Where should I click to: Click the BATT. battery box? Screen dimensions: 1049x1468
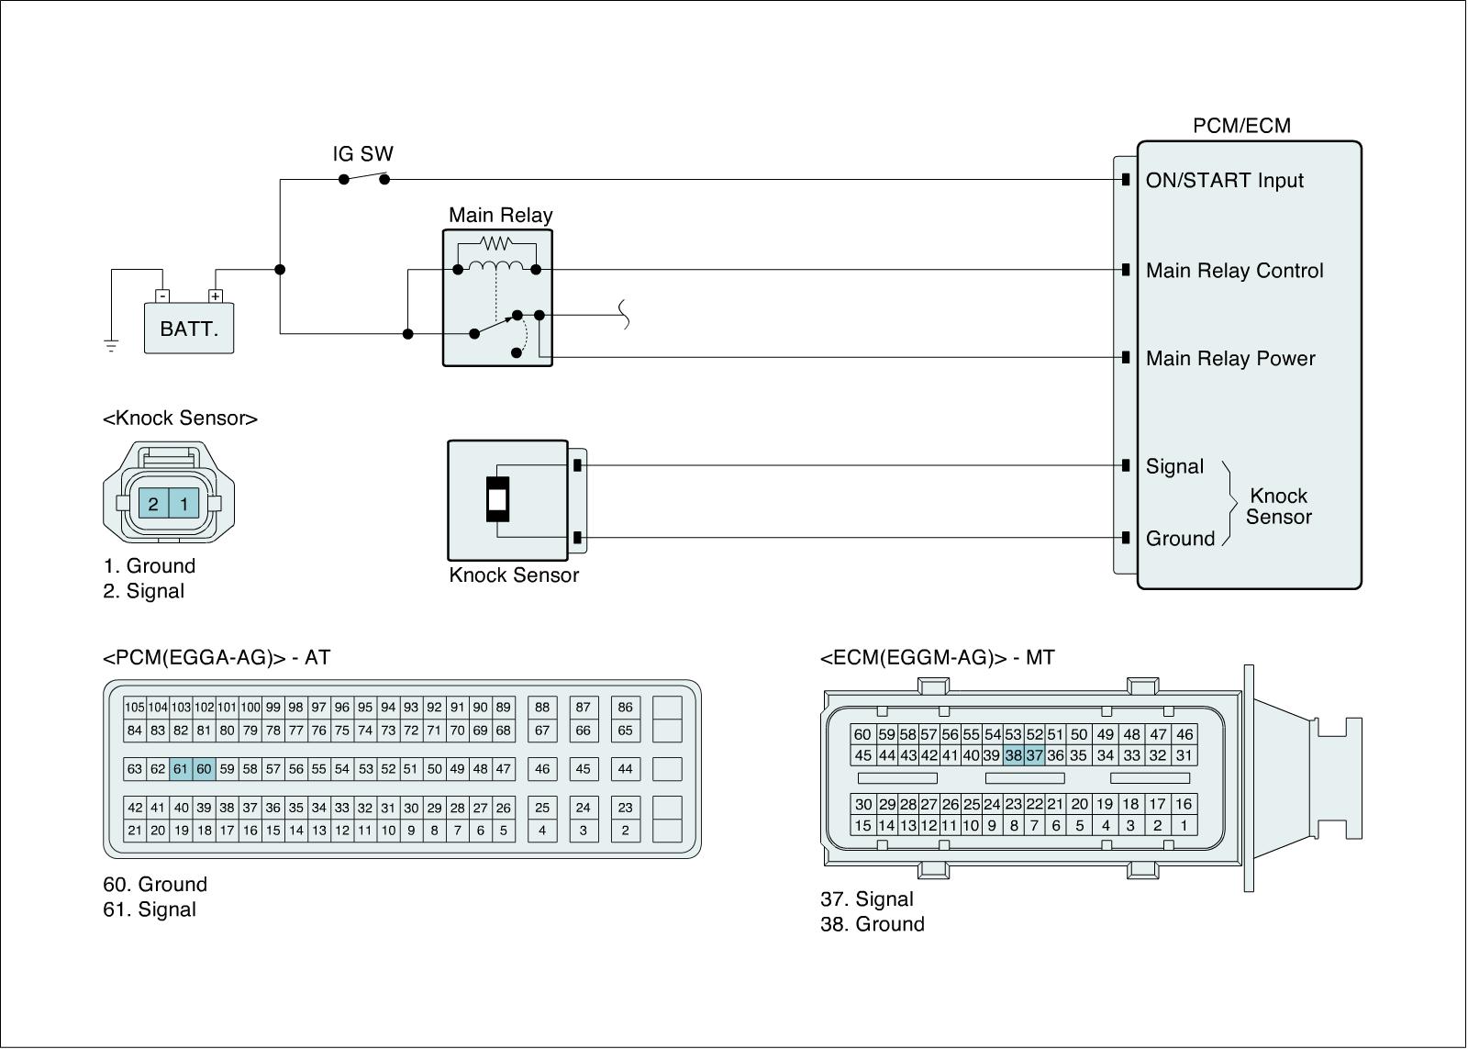[x=189, y=329]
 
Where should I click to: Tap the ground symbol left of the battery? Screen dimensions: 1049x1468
[x=111, y=346]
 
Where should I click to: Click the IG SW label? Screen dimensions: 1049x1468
[x=362, y=154]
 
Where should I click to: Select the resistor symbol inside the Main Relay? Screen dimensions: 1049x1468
[x=496, y=243]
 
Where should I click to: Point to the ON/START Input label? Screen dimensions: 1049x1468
[x=1224, y=181]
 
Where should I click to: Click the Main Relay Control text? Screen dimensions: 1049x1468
[x=1234, y=271]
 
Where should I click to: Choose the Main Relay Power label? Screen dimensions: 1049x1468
[x=1230, y=359]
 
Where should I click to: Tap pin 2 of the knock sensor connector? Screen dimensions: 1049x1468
[x=153, y=504]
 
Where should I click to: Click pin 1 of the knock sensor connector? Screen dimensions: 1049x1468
[x=184, y=504]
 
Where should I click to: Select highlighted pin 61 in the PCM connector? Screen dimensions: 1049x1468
[x=181, y=769]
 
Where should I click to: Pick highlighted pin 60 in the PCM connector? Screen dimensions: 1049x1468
[x=204, y=769]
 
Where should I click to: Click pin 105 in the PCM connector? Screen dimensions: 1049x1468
[x=135, y=708]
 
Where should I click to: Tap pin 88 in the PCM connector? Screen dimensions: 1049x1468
[x=542, y=708]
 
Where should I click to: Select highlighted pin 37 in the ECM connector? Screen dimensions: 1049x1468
[x=1034, y=756]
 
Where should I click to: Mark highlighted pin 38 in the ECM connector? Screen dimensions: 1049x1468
[x=1013, y=756]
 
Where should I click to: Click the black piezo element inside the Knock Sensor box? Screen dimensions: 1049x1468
[x=496, y=500]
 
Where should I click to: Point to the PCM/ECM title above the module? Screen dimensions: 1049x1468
[x=1241, y=126]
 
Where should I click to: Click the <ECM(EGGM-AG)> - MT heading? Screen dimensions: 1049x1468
[x=937, y=658]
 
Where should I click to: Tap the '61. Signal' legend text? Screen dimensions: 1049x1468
[x=150, y=910]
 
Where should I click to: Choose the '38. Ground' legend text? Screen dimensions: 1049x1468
[x=872, y=924]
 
